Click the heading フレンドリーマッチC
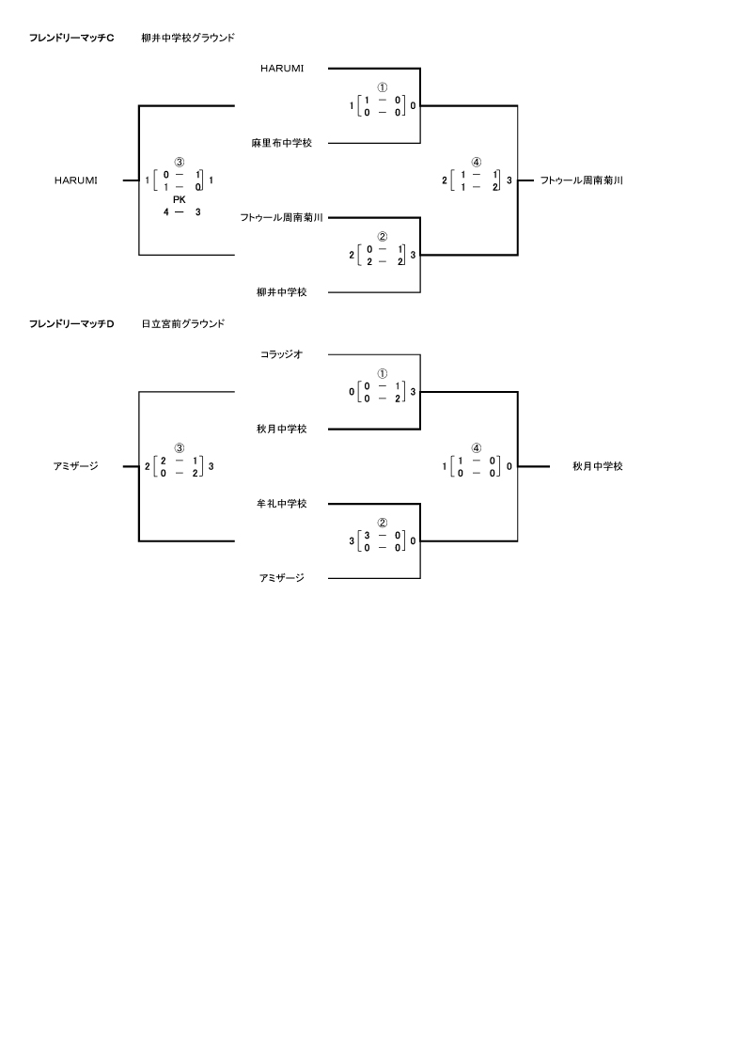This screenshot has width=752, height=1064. click(x=71, y=39)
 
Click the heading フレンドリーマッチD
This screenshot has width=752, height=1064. click(x=71, y=324)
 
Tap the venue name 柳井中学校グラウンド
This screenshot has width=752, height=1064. click(x=188, y=39)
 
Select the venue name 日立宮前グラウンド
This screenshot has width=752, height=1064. click(x=183, y=324)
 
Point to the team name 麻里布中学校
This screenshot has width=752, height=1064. click(x=281, y=143)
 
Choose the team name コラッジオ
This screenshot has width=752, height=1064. click(x=281, y=354)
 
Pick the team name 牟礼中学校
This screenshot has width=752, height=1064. click(x=281, y=504)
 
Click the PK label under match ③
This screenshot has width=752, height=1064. click(x=179, y=199)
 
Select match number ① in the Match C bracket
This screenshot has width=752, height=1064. click(x=383, y=87)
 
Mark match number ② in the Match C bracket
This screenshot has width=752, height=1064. click(x=383, y=237)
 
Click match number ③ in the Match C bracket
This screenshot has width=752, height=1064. click(x=179, y=163)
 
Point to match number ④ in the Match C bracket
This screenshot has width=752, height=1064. click(x=477, y=163)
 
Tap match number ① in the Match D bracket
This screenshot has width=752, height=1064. click(x=383, y=373)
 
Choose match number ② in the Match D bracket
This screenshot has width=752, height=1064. click(x=383, y=523)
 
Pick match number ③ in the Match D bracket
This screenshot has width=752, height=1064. click(x=179, y=448)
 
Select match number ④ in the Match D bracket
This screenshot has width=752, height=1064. click(x=477, y=448)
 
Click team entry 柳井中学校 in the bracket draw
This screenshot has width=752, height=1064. click(x=281, y=292)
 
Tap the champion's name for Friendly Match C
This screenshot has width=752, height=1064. click(x=582, y=180)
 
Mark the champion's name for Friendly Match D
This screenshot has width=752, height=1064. click(x=597, y=466)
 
